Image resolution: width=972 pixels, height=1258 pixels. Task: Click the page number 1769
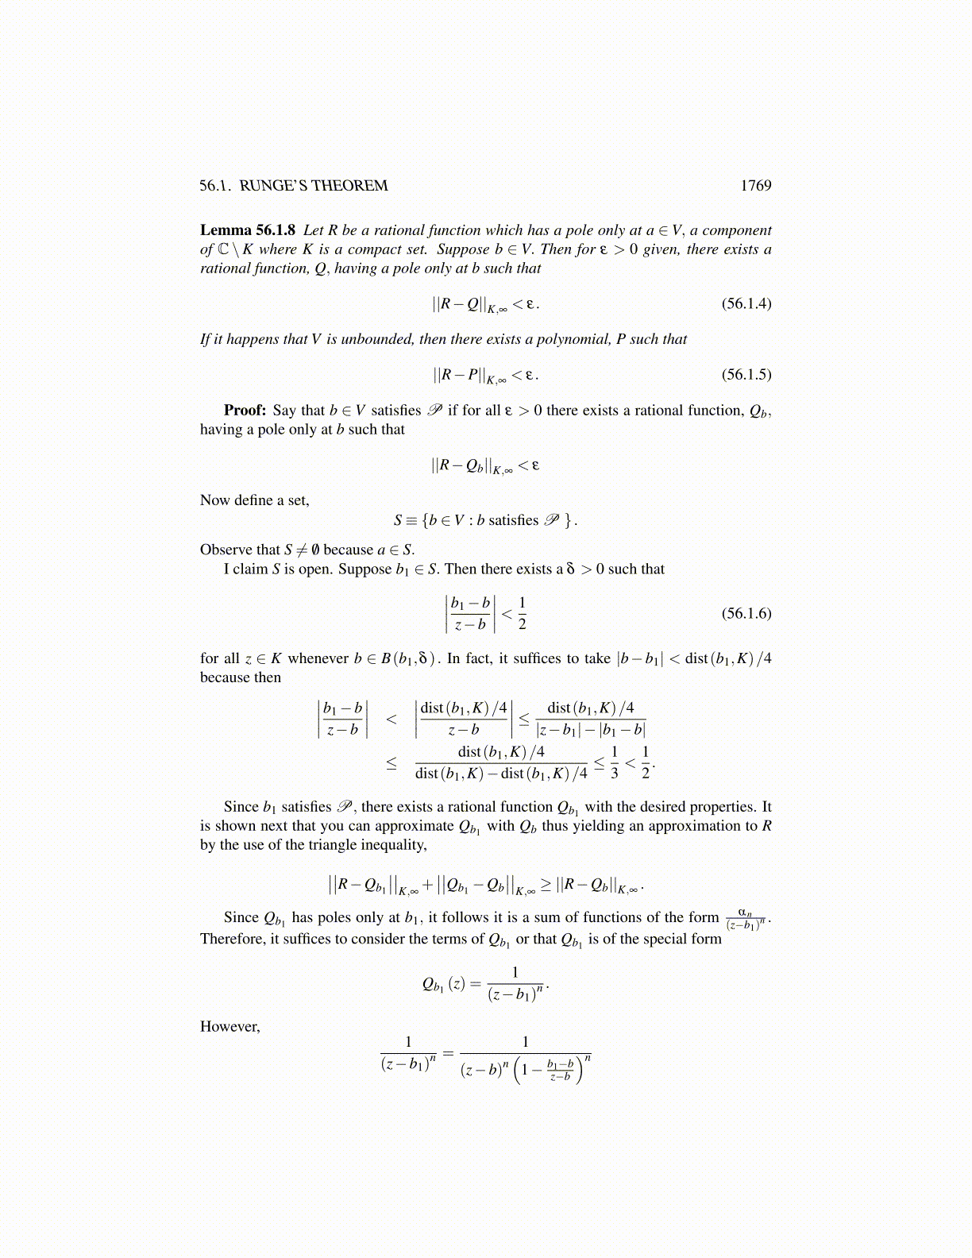pos(755,186)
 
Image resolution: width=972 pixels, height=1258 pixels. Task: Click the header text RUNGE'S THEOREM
pos(314,186)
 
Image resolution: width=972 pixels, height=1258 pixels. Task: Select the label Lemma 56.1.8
pos(247,230)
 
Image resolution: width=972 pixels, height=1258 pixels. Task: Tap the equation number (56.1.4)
pos(746,303)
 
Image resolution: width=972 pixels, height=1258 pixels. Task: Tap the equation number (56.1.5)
pos(746,374)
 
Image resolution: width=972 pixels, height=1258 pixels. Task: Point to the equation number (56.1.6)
pos(746,613)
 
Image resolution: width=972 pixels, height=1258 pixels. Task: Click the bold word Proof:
pos(245,411)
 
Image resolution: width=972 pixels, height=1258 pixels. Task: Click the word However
pos(229,1027)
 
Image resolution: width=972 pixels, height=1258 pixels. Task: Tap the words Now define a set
pos(254,500)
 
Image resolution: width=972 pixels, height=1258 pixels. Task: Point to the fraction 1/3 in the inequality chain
pos(614,762)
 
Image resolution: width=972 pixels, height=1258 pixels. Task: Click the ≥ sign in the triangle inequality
pos(546,885)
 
